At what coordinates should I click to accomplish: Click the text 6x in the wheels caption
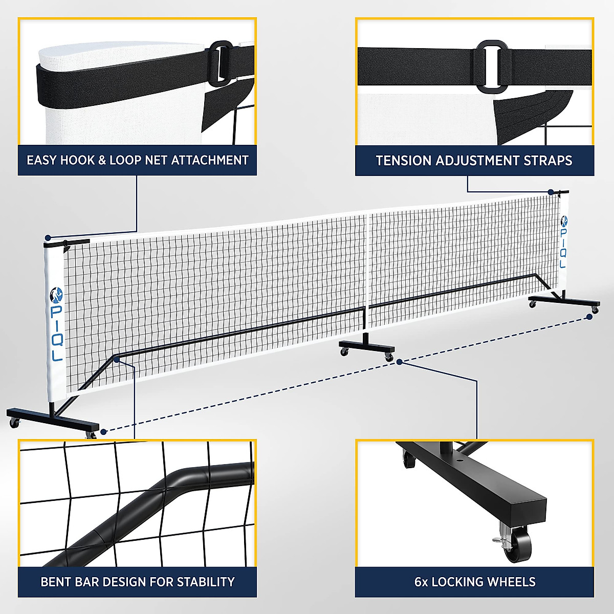pyautogui.click(x=421, y=582)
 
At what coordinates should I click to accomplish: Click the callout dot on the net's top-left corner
pyautogui.click(x=48, y=238)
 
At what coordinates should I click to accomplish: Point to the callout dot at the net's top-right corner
pyautogui.click(x=551, y=192)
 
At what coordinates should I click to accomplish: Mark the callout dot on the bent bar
pyautogui.click(x=118, y=360)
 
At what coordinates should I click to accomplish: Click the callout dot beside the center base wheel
pyautogui.click(x=400, y=362)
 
